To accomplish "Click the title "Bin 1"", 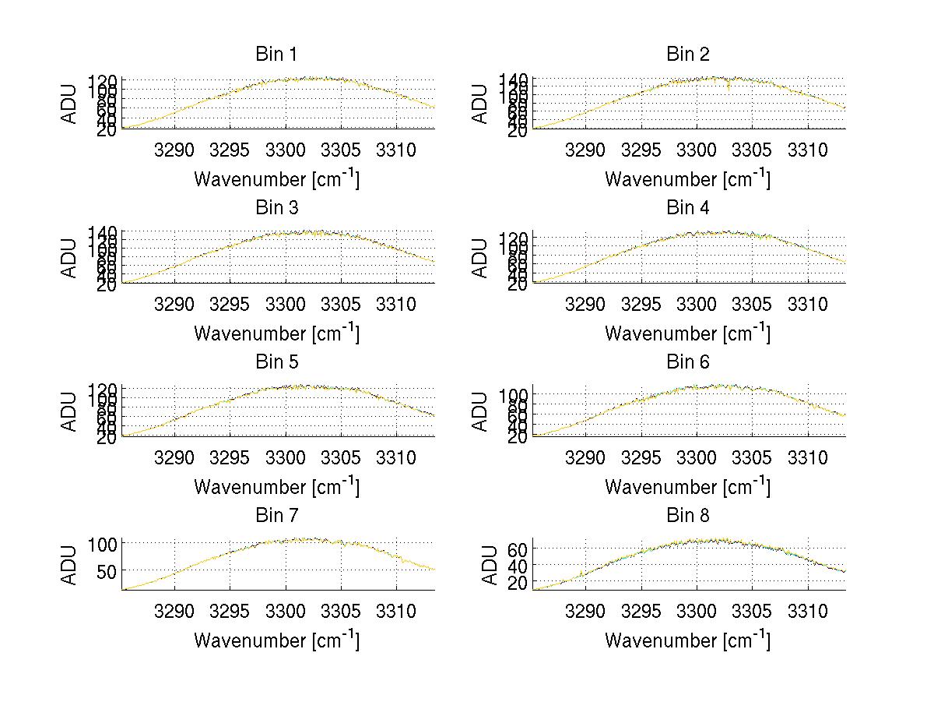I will tap(276, 55).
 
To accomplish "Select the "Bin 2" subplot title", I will tap(688, 55).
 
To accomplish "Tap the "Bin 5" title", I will tap(276, 362).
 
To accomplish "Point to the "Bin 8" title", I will tap(688, 516).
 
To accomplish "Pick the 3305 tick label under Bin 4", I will tap(752, 303).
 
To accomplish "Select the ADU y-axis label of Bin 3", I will tap(70, 257).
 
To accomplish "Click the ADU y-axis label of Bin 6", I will tap(481, 411).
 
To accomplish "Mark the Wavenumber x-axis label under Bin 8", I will tap(688, 640).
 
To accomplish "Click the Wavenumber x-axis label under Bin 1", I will tap(276, 179).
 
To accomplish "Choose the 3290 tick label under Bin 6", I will tap(586, 457).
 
